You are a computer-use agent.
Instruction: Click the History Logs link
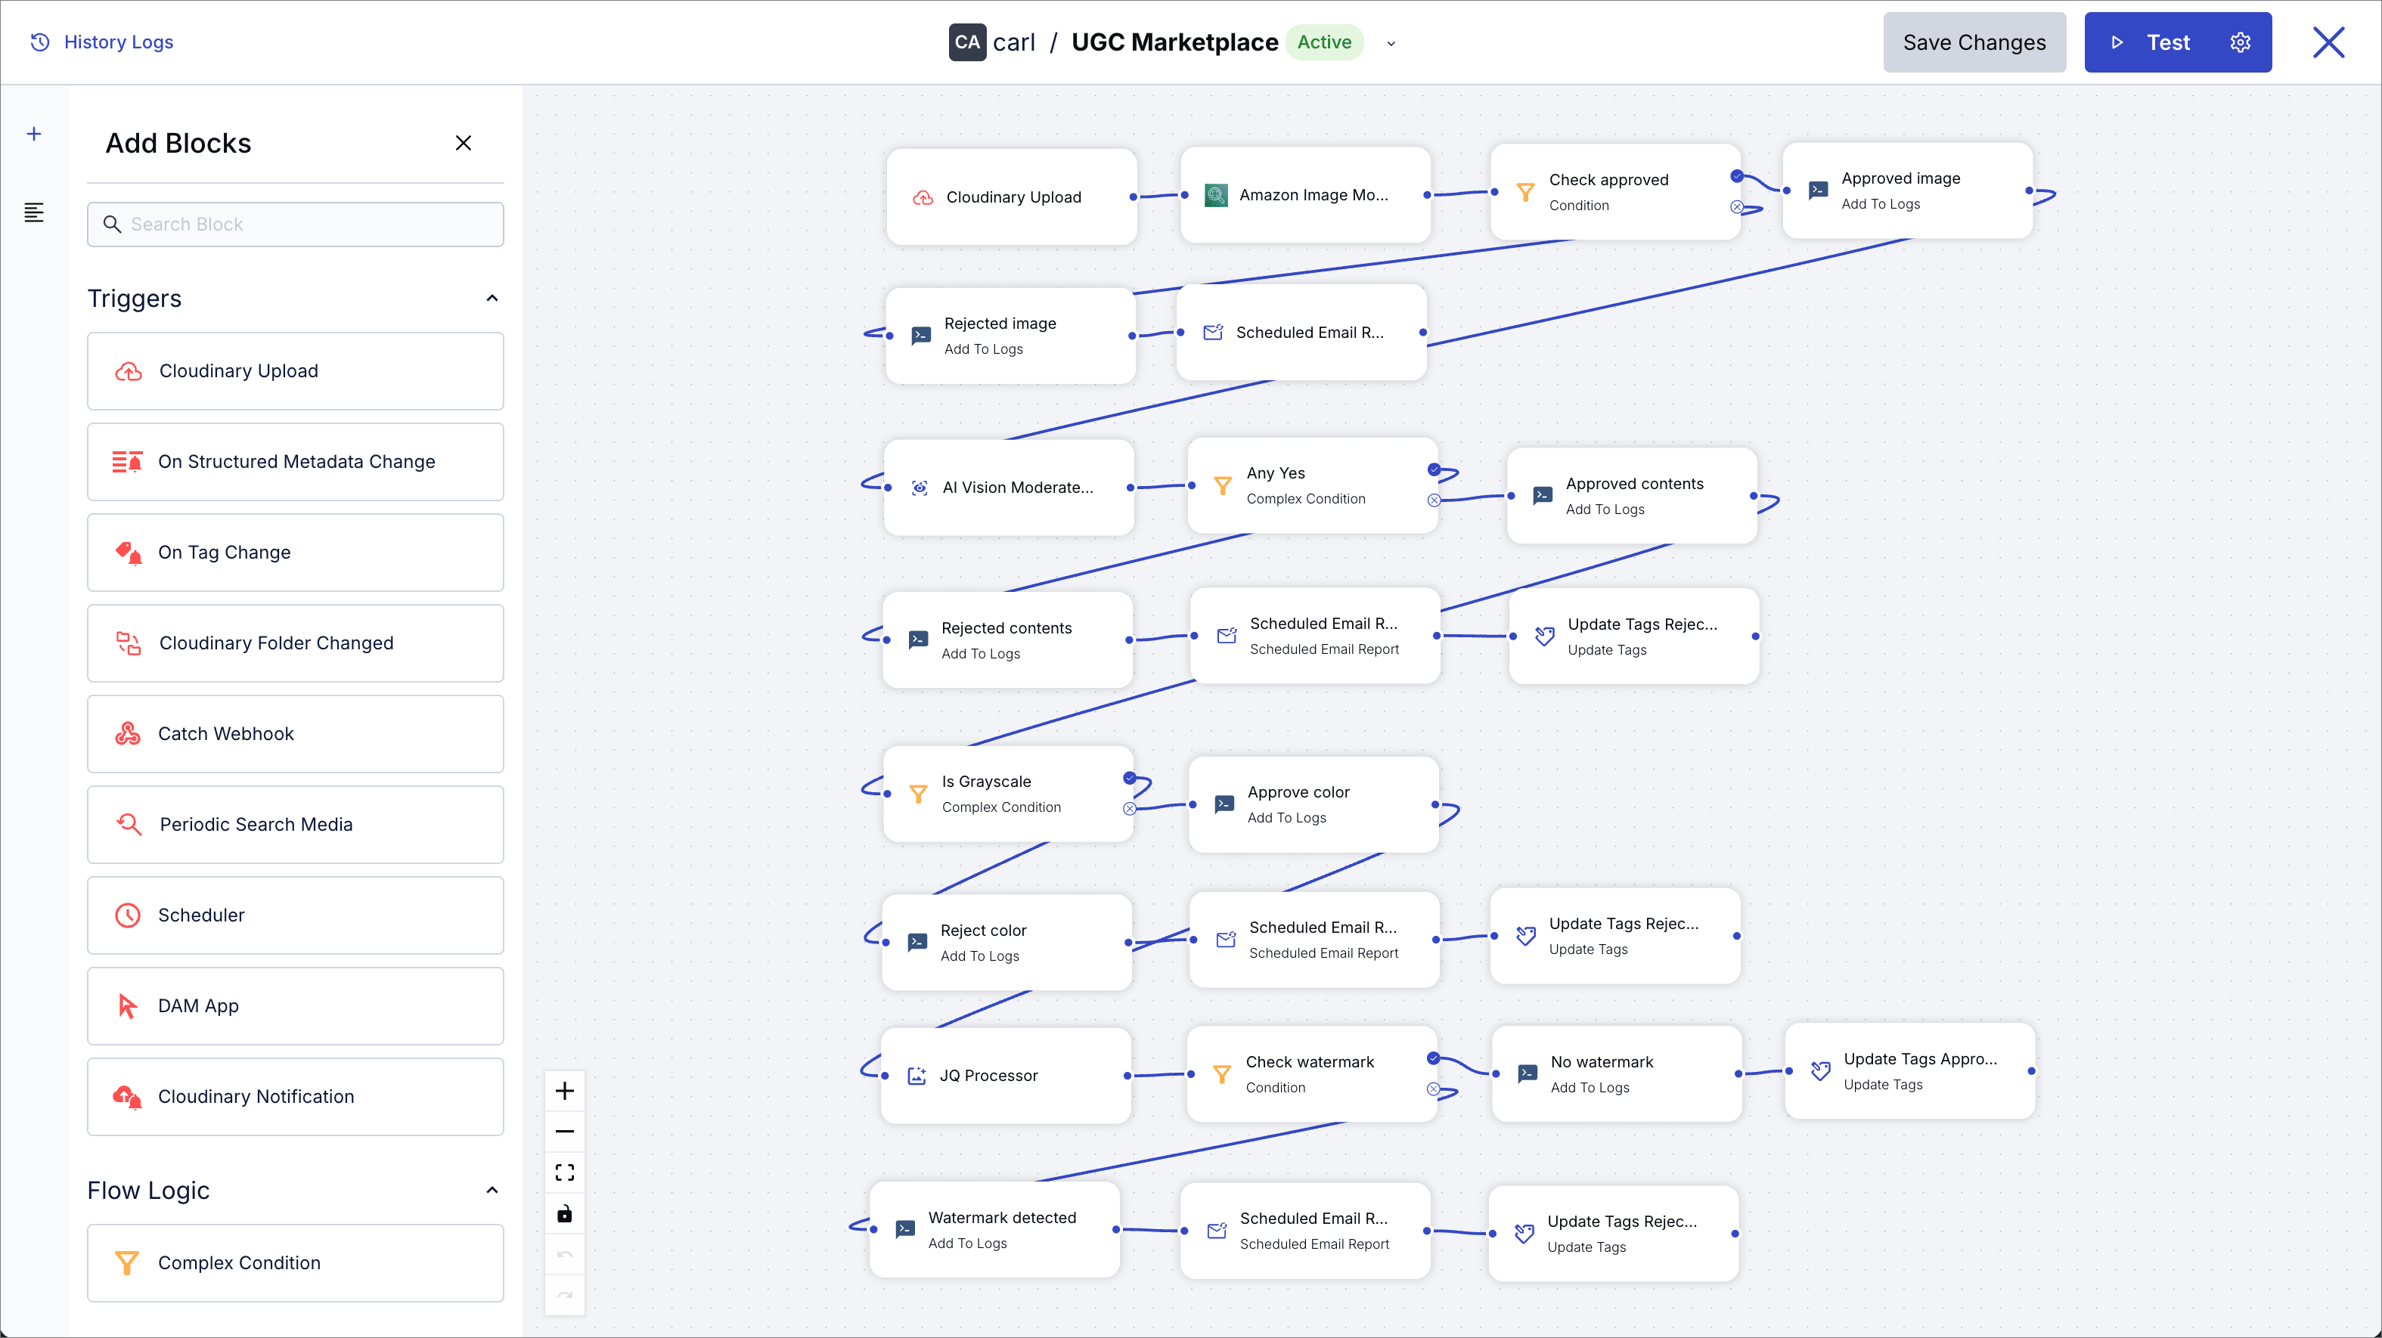click(102, 42)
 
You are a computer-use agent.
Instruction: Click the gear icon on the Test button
click(2240, 42)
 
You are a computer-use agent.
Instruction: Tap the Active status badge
click(1324, 42)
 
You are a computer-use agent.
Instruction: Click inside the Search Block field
click(296, 224)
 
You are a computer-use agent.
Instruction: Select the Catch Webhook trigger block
click(296, 733)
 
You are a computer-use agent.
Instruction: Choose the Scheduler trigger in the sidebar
click(296, 915)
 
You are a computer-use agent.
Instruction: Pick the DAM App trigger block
click(296, 1005)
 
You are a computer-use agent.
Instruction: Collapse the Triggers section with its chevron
click(492, 298)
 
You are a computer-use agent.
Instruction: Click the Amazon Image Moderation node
click(1306, 195)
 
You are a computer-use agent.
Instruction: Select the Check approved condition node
click(1615, 191)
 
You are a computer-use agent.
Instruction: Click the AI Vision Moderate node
click(1009, 488)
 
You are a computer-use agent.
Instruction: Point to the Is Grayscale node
click(1008, 794)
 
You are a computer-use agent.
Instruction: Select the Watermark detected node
click(995, 1230)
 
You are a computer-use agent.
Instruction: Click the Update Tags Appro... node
click(1910, 1070)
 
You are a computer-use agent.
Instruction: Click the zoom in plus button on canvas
click(565, 1091)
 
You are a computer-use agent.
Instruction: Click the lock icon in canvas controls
click(565, 1213)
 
